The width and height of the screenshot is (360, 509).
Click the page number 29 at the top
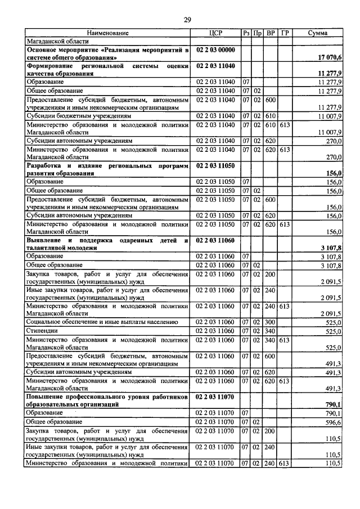click(x=187, y=21)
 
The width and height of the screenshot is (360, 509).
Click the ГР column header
click(x=285, y=34)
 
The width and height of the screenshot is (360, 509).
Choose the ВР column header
click(x=270, y=34)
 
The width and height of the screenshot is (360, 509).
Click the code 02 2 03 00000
click(x=215, y=50)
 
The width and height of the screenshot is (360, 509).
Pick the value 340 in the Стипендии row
click(x=270, y=331)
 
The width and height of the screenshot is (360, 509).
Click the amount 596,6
click(x=332, y=422)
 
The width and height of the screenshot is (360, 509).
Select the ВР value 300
click(x=270, y=322)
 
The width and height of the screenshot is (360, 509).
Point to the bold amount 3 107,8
click(x=331, y=247)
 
